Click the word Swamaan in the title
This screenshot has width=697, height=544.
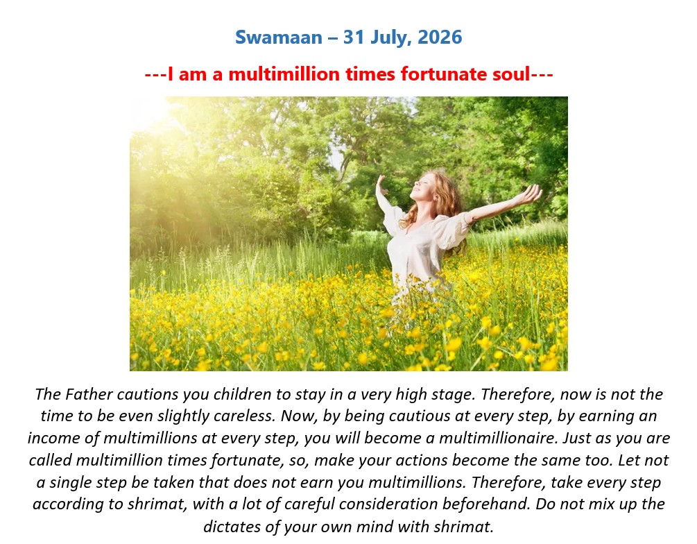279,37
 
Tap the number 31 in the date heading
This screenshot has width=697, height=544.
354,37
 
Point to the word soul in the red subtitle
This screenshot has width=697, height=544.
512,74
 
